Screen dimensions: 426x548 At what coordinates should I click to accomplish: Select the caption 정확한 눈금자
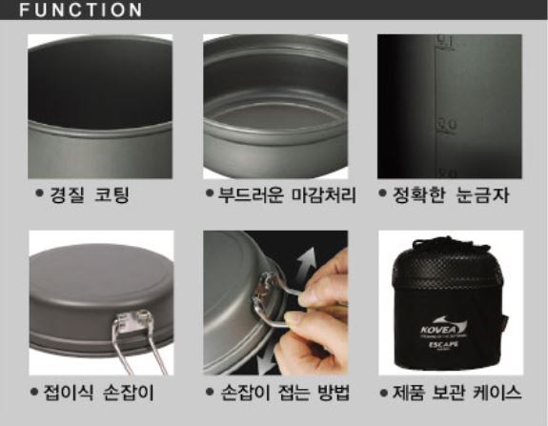(x=457, y=195)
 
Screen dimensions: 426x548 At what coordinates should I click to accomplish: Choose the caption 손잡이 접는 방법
(x=283, y=393)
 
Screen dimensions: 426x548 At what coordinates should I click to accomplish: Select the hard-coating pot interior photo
(x=100, y=106)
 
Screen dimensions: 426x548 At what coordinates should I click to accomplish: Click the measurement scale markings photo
(x=449, y=106)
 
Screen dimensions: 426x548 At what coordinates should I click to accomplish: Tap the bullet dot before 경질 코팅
(x=39, y=195)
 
